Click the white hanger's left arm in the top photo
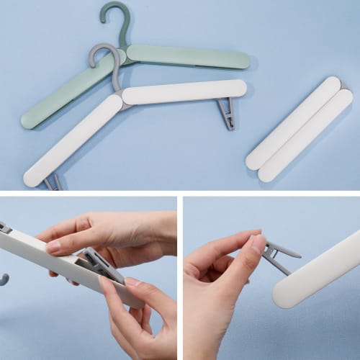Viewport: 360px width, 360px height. pyautogui.click(x=72, y=140)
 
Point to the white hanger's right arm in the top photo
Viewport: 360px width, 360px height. pyautogui.click(x=184, y=91)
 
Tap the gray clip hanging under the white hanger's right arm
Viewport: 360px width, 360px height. pyautogui.click(x=226, y=113)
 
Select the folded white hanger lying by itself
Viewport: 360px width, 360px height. pyautogui.click(x=299, y=130)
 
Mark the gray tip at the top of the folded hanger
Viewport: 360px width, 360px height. pyautogui.click(x=343, y=85)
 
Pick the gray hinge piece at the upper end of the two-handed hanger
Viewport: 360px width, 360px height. pyautogui.click(x=5, y=228)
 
